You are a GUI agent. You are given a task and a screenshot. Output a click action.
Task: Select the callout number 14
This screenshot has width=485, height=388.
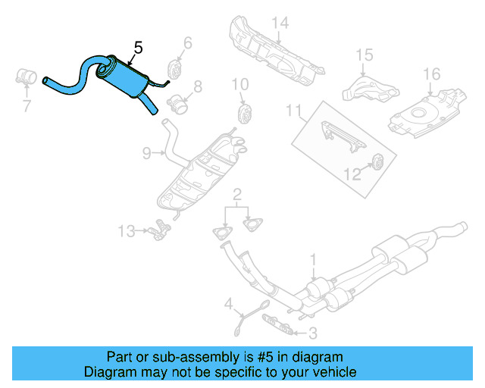point(280,23)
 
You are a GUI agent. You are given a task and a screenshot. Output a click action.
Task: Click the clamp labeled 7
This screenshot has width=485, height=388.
point(27,77)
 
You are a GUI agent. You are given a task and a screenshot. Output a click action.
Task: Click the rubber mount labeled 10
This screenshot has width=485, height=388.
point(245,114)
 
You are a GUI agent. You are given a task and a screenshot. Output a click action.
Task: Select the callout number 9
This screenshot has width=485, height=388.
point(146,153)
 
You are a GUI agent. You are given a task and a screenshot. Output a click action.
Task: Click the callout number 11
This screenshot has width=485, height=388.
point(293,111)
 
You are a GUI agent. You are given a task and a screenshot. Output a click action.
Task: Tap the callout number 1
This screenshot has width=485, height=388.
point(312,261)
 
